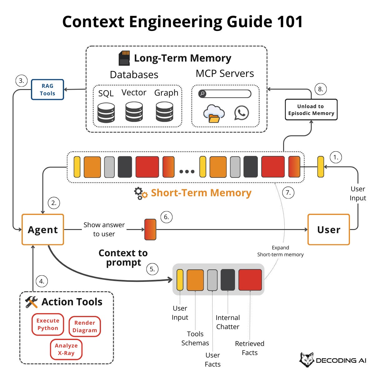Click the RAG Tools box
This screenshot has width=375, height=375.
[47, 90]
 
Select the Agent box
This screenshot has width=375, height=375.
[43, 230]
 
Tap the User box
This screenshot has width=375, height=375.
[328, 230]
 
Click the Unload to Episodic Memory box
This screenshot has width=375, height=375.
[311, 110]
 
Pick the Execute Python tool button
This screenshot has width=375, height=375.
[48, 324]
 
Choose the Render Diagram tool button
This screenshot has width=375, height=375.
[85, 327]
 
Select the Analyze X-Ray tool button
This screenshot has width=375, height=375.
[66, 349]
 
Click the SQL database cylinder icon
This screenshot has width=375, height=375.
[106, 112]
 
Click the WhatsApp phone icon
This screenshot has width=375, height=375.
[242, 113]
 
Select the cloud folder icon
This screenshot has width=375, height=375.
[214, 114]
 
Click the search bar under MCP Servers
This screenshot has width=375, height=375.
[225, 93]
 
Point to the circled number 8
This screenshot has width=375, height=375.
[320, 89]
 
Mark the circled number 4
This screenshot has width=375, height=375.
[42, 281]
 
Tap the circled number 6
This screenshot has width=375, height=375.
[166, 217]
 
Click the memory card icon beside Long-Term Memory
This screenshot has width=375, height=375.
[124, 58]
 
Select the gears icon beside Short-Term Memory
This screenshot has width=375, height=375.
[141, 193]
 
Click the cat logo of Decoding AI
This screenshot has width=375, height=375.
[307, 360]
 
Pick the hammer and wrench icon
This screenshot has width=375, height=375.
[31, 302]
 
